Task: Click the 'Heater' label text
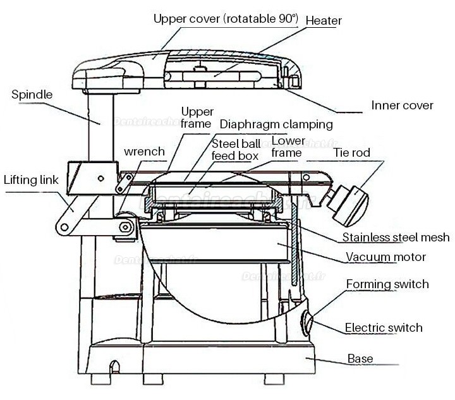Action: tap(324, 21)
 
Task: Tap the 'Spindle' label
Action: tap(32, 95)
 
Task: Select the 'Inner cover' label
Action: tap(402, 105)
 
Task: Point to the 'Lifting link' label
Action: tap(31, 180)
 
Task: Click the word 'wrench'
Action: tap(145, 152)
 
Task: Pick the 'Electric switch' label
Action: tap(383, 327)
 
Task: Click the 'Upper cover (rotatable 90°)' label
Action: tap(226, 18)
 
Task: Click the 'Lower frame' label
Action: tap(288, 146)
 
